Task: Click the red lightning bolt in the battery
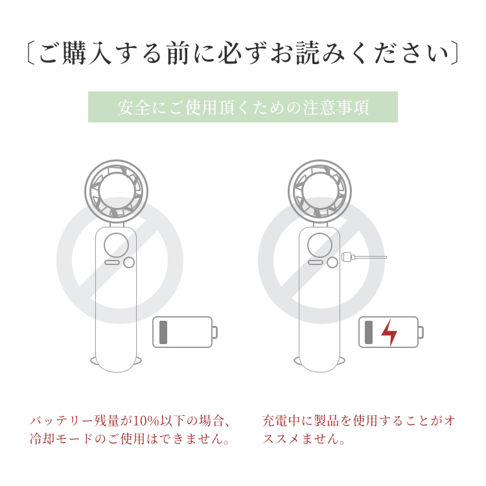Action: tap(389, 332)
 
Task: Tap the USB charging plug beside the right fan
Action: tap(348, 257)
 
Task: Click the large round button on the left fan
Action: tap(116, 245)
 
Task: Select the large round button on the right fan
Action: tap(319, 245)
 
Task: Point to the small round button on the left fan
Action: tap(129, 262)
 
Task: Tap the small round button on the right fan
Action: tap(332, 262)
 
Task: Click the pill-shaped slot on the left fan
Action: tap(112, 262)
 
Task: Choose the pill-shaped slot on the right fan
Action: tap(315, 262)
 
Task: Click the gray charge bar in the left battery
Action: tap(163, 332)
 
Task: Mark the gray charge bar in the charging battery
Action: tap(369, 332)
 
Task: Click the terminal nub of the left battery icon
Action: tap(214, 332)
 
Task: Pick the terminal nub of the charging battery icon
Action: tap(421, 332)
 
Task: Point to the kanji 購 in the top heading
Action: tap(74, 53)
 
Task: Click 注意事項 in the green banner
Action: tap(336, 107)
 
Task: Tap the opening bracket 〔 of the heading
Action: tap(31, 53)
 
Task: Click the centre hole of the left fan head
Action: tap(116, 191)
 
